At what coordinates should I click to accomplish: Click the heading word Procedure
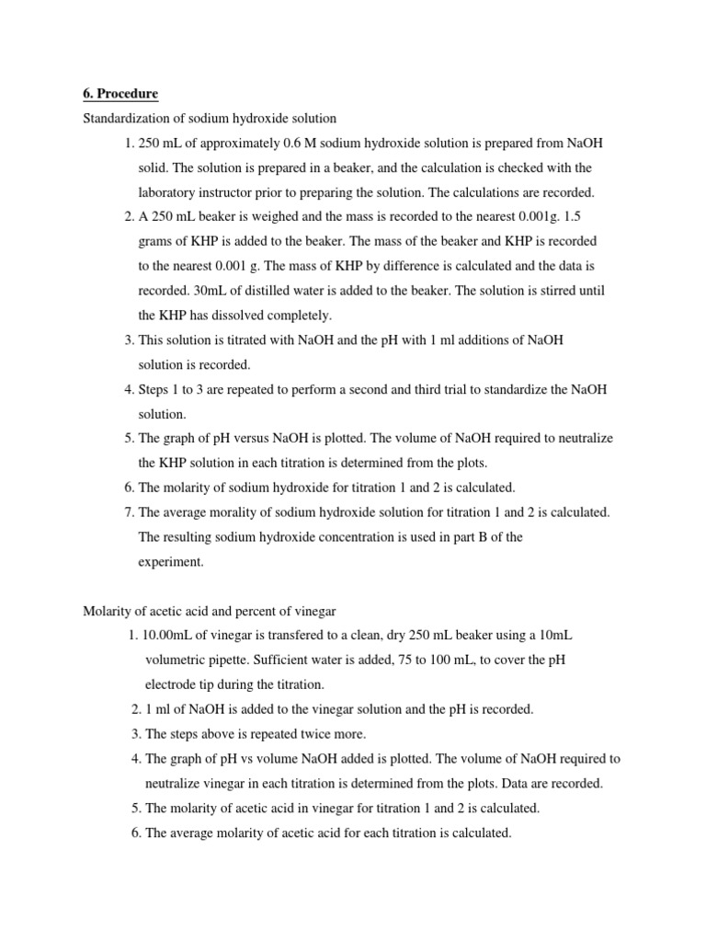(128, 94)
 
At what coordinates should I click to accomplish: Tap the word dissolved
(240, 316)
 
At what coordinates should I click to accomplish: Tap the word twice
(292, 734)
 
